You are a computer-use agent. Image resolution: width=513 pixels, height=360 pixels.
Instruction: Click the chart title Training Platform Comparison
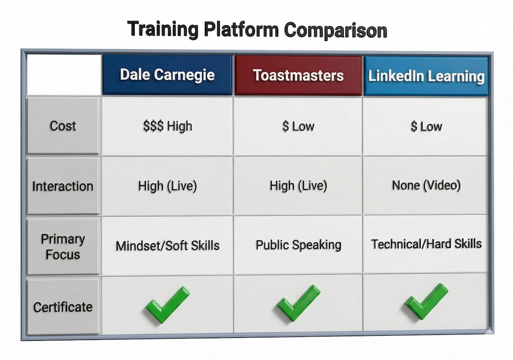point(257,30)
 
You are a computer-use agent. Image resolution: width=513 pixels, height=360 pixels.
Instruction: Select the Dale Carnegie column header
point(167,75)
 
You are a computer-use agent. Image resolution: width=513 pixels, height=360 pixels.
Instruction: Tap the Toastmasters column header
point(298,76)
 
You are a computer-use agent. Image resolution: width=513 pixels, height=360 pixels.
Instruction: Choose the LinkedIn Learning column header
point(426,76)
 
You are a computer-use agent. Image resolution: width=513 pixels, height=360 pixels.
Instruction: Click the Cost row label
point(63,126)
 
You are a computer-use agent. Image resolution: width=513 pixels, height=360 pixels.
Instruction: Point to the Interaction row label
point(63,186)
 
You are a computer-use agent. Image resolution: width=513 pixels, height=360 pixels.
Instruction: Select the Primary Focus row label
point(63,246)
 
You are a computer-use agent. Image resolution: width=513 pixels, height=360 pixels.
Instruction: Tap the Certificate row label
point(63,307)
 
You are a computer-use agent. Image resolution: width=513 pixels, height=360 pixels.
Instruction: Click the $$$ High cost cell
point(167,126)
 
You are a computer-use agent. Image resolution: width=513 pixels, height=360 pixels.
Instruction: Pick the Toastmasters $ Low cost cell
point(298,126)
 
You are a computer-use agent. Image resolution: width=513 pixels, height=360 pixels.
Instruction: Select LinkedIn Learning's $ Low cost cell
point(426,126)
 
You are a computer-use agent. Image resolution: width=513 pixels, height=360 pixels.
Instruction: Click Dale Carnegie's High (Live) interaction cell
point(167,186)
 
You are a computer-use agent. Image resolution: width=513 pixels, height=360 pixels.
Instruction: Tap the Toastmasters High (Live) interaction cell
point(298,186)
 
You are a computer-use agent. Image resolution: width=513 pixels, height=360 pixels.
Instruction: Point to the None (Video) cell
point(426,186)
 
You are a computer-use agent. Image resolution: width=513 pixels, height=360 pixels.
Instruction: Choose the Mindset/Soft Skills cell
point(167,245)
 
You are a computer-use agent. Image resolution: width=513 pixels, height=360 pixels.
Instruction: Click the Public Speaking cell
point(298,245)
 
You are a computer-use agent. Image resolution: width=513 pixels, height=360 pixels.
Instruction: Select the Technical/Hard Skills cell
point(426,244)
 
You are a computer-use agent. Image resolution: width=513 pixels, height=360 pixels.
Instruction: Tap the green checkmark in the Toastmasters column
point(298,303)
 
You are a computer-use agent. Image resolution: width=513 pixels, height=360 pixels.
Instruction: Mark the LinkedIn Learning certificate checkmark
point(426,301)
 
